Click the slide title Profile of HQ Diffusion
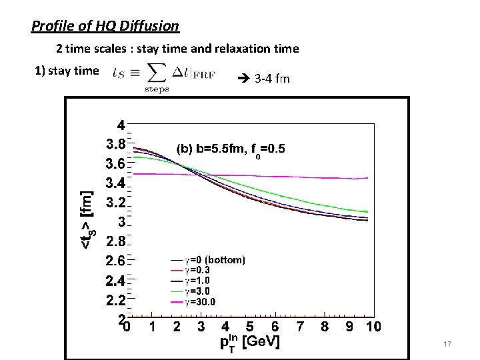point(105,26)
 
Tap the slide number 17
point(447,344)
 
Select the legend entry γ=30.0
point(200,302)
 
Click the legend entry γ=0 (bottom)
point(215,260)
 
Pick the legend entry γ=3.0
point(197,291)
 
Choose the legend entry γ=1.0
point(197,281)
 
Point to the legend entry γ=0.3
point(197,270)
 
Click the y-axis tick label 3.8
point(116,143)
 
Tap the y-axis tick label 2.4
point(116,281)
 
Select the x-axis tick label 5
point(250,326)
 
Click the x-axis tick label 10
point(373,326)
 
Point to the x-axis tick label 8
point(325,326)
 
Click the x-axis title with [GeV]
point(250,342)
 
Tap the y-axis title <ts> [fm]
point(87,220)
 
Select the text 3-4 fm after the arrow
point(272,79)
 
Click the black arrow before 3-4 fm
point(244,79)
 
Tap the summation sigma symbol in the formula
point(157,73)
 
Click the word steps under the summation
point(157,89)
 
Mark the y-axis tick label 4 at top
point(121,125)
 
